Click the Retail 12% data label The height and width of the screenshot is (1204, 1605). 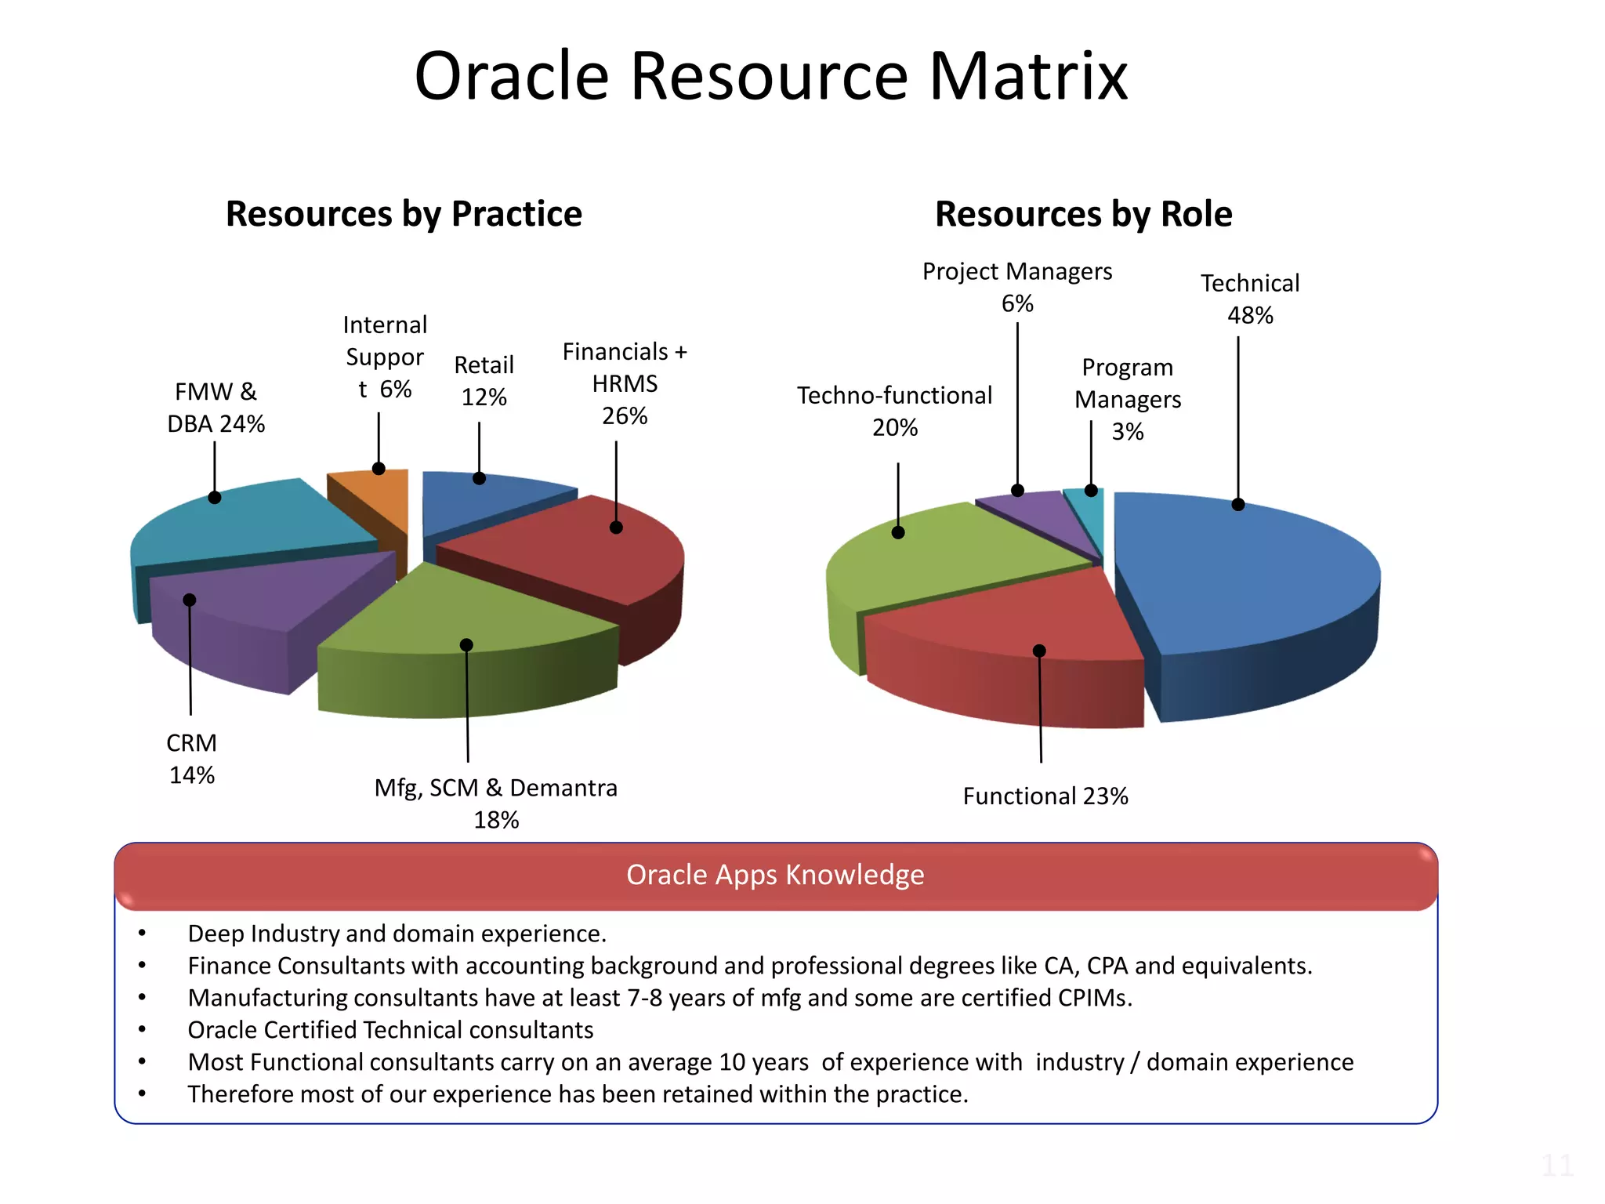click(x=484, y=381)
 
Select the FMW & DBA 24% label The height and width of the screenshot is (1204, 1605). click(x=216, y=408)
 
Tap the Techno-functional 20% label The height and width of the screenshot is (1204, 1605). click(x=894, y=411)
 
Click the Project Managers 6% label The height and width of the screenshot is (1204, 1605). click(x=1016, y=287)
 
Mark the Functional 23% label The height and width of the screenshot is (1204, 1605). click(x=1045, y=796)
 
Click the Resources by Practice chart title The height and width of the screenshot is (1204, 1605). click(x=404, y=214)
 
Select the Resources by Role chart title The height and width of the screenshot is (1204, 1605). click(x=1083, y=214)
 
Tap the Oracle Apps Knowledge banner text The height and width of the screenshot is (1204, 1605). click(x=775, y=875)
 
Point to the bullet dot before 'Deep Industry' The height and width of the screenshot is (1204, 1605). click(x=142, y=933)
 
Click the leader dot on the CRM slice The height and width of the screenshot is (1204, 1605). click(x=190, y=600)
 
